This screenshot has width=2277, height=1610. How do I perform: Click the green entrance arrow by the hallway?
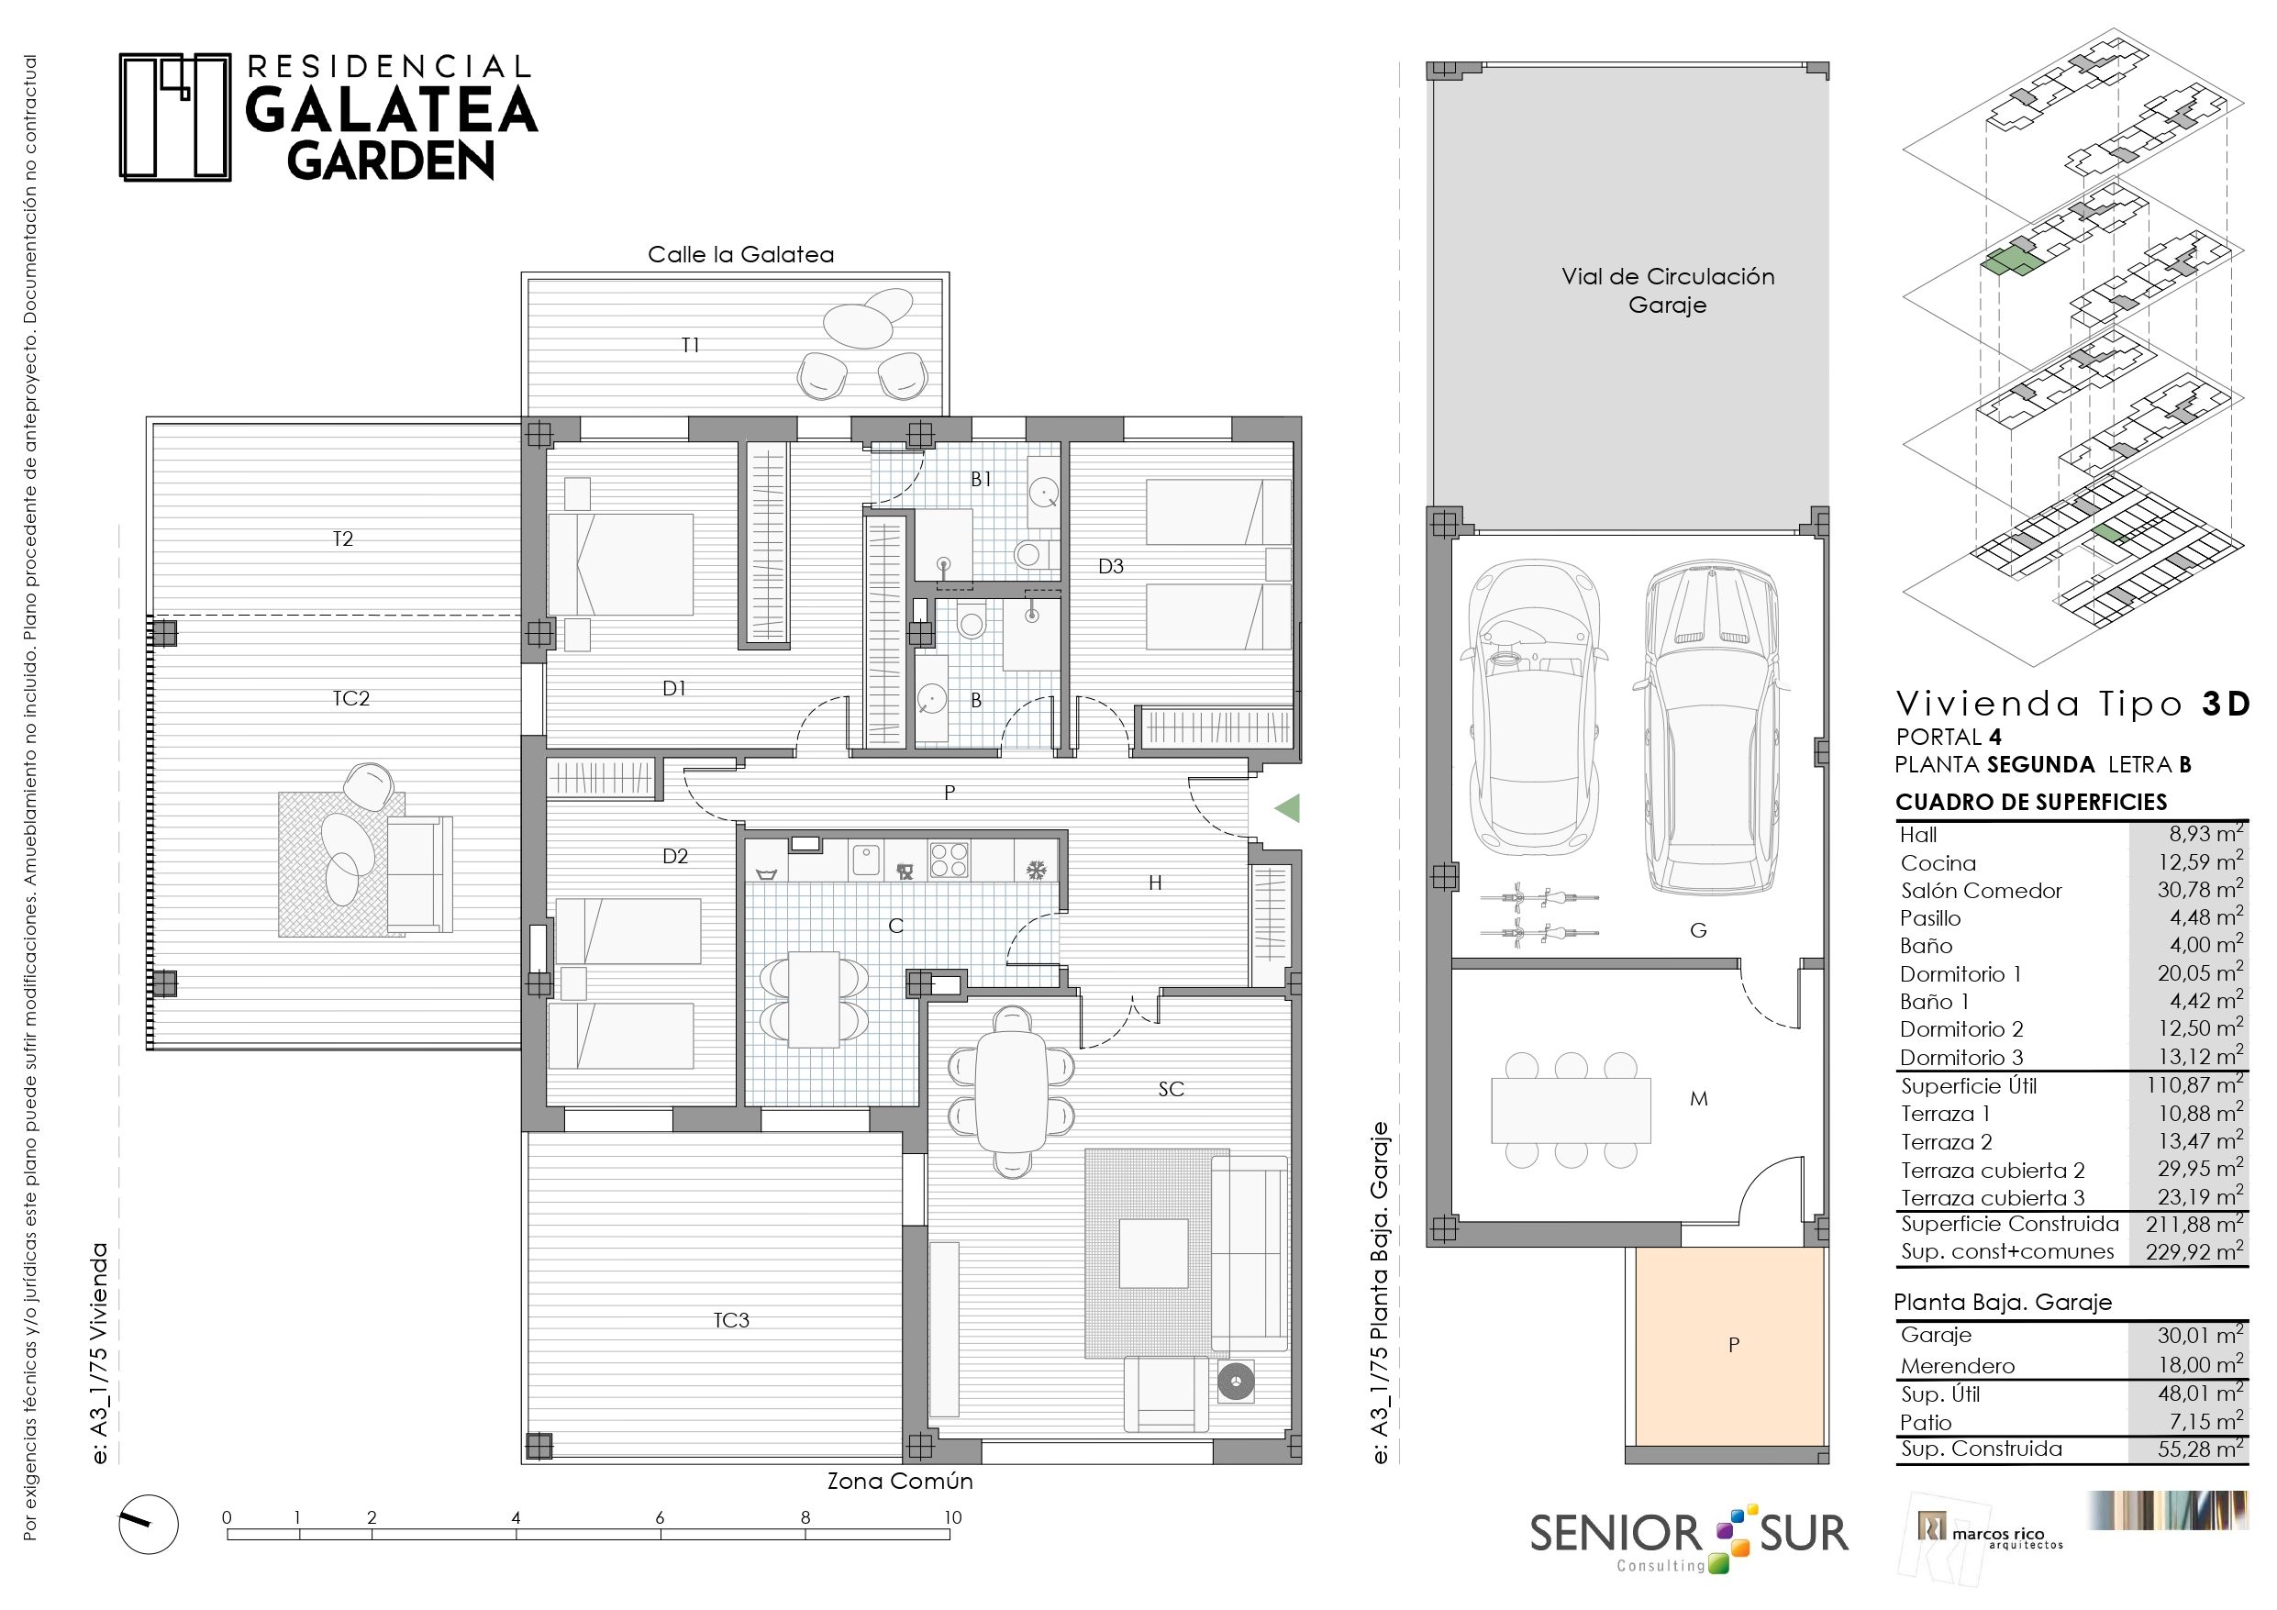(x=1286, y=808)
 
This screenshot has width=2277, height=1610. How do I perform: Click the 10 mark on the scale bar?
(x=952, y=1516)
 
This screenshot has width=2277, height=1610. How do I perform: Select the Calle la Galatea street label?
(x=741, y=254)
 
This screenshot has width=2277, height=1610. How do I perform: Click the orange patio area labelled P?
(x=1730, y=1345)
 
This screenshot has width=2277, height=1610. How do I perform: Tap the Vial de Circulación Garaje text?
(x=1668, y=291)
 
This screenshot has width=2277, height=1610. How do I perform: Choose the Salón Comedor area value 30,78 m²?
(x=2200, y=890)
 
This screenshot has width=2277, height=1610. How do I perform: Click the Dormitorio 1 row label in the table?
(x=1960, y=974)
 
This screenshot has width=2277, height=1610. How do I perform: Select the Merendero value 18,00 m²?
(x=2201, y=1364)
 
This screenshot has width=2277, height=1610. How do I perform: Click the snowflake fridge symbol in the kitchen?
(x=1037, y=871)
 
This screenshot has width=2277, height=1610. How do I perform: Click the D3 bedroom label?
(x=1111, y=566)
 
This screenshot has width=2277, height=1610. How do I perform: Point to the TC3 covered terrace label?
(x=731, y=1320)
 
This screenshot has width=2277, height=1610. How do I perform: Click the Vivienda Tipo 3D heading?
(x=2072, y=704)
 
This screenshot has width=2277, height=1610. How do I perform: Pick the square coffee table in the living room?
(x=1153, y=1253)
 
